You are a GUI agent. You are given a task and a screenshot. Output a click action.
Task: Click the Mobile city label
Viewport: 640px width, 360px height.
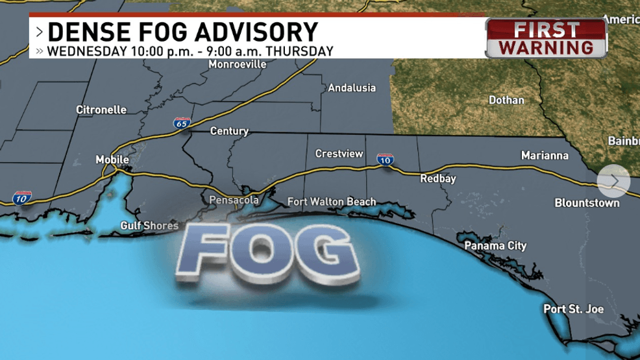pos(112,160)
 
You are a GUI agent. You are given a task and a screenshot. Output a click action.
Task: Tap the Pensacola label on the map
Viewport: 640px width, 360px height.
pos(234,200)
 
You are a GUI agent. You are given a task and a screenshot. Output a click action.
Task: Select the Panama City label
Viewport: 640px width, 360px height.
pos(495,246)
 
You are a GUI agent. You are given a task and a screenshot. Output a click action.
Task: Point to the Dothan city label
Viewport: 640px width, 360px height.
pos(506,100)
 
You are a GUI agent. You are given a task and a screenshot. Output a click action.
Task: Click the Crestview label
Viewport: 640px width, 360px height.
pos(339,154)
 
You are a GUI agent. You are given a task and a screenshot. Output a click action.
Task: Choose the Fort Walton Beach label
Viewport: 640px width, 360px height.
pos(332,202)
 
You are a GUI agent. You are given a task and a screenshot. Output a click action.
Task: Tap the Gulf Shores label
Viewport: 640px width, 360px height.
pos(149,226)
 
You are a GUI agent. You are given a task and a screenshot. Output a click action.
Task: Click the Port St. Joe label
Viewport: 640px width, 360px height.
pos(573,309)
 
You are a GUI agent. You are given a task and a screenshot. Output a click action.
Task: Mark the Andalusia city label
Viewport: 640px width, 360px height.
pos(352,88)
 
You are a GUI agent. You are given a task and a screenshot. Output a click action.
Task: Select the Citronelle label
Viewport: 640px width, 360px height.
pos(101,110)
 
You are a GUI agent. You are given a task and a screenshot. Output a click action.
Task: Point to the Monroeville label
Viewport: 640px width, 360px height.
pos(238,64)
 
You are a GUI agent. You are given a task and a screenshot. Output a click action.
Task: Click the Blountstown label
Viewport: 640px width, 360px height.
pos(587,203)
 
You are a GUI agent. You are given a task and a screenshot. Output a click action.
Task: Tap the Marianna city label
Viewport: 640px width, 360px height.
pos(545,156)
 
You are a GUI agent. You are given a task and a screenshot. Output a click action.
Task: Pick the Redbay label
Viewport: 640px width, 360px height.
pos(438,178)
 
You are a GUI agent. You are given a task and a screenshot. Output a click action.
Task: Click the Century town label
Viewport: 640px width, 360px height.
pos(229,131)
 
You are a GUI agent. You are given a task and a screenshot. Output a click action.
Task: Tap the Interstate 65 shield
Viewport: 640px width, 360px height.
pos(182,122)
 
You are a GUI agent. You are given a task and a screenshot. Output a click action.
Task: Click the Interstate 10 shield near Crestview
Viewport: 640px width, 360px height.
pos(386,159)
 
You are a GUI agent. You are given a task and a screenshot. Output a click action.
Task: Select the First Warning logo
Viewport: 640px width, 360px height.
pos(546,38)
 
